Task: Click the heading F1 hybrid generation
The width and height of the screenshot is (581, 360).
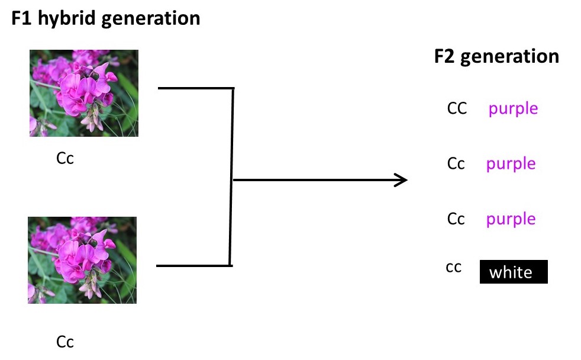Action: pyautogui.click(x=106, y=18)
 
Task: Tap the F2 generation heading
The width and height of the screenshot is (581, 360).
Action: pyautogui.click(x=496, y=56)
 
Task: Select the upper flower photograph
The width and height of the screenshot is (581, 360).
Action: pyautogui.click(x=84, y=93)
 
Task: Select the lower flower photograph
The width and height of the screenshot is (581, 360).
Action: pyautogui.click(x=82, y=260)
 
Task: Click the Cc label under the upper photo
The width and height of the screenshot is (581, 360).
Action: pyautogui.click(x=65, y=159)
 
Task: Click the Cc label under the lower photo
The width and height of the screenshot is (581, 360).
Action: pyautogui.click(x=65, y=342)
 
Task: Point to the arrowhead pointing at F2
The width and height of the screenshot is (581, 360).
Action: pyautogui.click(x=403, y=180)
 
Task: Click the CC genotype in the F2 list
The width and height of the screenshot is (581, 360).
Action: pyautogui.click(x=457, y=108)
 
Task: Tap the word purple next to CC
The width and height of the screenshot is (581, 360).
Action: pyautogui.click(x=513, y=109)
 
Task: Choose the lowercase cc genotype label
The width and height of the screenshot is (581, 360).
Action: pyautogui.click(x=454, y=268)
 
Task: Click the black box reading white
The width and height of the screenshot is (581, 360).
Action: pyautogui.click(x=513, y=272)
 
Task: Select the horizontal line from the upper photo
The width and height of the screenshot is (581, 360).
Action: pyautogui.click(x=195, y=89)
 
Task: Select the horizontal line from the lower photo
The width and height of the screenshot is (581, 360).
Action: pyautogui.click(x=193, y=266)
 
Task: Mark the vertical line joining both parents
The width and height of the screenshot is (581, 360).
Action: pyautogui.click(x=232, y=177)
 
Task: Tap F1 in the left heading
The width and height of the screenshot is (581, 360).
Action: pyautogui.click(x=22, y=18)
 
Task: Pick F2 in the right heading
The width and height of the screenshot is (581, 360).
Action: pyautogui.click(x=445, y=56)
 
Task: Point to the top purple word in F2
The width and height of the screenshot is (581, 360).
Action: pyautogui.click(x=513, y=109)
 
